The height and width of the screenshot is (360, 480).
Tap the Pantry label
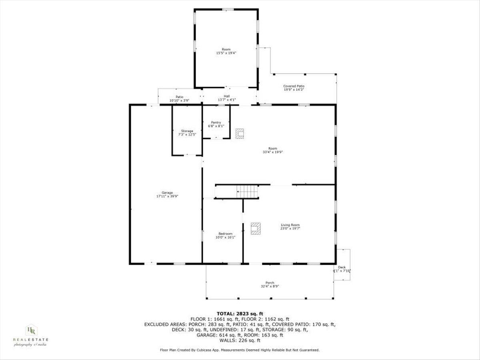216,122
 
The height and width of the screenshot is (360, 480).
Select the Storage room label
187,131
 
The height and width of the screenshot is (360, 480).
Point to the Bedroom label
225,234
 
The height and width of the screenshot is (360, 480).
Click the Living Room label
290,225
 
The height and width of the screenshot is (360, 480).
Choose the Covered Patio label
294,86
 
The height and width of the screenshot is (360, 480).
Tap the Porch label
270,283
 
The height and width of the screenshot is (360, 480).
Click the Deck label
342,267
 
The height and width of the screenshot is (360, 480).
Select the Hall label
227,96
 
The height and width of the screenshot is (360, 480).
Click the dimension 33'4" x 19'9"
273,152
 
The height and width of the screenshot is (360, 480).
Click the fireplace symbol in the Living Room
255,228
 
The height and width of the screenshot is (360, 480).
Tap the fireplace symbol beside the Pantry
240,134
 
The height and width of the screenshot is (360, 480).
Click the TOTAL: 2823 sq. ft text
240,314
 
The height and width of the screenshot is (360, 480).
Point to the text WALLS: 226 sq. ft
240,340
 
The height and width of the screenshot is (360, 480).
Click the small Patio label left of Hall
179,96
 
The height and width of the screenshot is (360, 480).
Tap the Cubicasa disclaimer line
240,350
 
